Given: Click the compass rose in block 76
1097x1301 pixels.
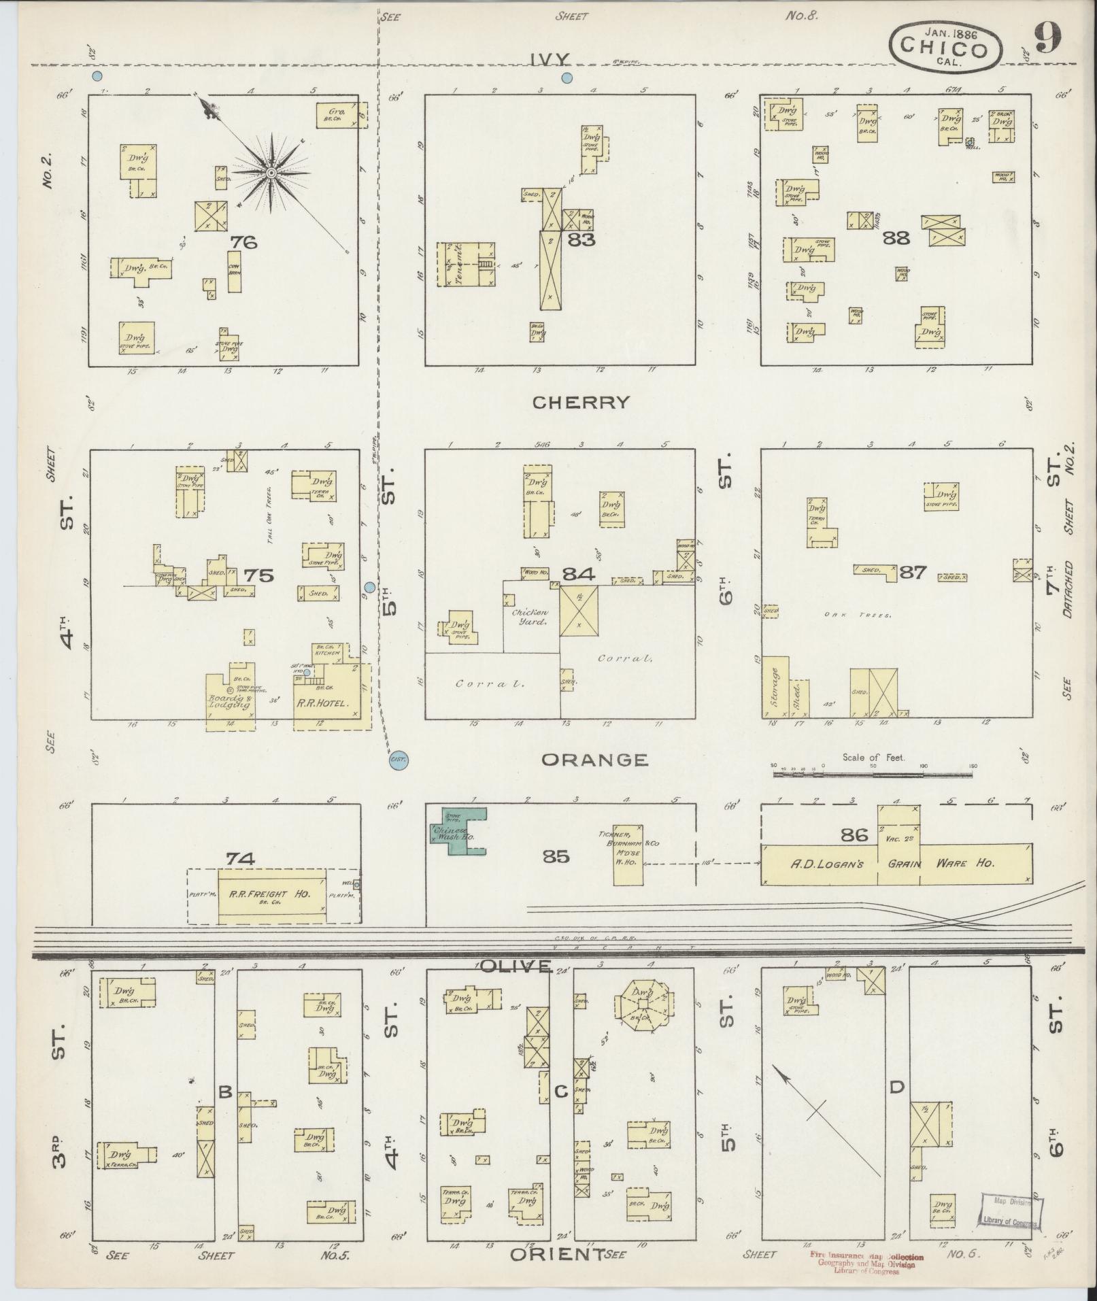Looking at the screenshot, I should tap(271, 173).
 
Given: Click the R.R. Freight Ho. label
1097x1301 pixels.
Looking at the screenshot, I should tap(272, 894).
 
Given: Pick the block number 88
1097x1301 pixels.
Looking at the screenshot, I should tap(896, 237).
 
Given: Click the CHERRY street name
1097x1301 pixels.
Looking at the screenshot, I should tap(580, 403).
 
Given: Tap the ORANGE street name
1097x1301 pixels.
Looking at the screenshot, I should tap(594, 760).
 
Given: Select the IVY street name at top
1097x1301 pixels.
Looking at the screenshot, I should tap(551, 59).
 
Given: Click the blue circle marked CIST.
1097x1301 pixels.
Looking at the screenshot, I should tap(398, 762).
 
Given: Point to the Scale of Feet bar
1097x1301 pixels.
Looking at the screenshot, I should tap(874, 773).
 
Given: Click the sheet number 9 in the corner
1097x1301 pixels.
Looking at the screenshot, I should tap(1048, 41).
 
